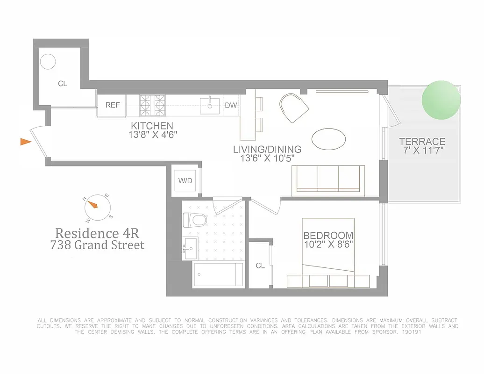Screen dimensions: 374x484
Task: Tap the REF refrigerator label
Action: [x=112, y=105]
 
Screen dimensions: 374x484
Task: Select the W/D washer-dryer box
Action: [x=184, y=180]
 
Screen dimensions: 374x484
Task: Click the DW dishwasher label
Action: [x=231, y=106]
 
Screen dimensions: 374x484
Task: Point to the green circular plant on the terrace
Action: [x=441, y=100]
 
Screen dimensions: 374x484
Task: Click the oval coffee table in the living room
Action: [x=329, y=139]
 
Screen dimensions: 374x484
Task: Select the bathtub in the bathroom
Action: [x=218, y=274]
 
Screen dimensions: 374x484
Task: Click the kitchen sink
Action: [x=210, y=105]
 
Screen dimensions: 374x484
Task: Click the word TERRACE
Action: [x=422, y=142]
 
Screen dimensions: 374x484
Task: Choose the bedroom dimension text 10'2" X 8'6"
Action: [x=328, y=244]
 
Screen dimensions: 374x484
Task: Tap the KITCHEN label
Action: [x=152, y=126]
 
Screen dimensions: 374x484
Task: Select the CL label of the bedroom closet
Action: [x=260, y=266]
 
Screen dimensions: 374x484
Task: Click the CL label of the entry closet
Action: [x=63, y=84]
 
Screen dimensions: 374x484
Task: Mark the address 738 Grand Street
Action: [x=97, y=245]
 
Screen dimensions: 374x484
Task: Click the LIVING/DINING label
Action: [x=267, y=150]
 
